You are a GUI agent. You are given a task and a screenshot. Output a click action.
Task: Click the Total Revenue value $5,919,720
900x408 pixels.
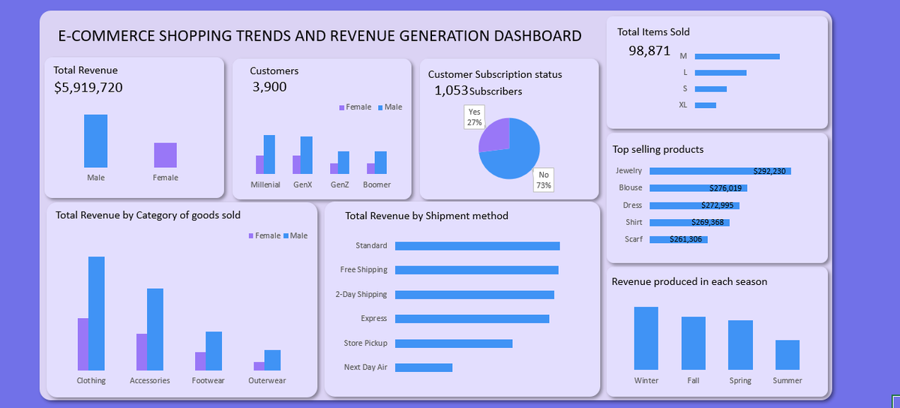coord(88,88)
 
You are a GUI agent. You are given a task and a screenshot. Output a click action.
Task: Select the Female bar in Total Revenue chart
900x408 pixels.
coord(165,155)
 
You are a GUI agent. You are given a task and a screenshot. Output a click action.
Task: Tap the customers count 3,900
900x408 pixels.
coord(269,87)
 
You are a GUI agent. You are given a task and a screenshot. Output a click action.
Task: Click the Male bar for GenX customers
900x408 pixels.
coord(306,155)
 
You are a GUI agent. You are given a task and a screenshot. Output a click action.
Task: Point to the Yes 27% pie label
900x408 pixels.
coord(474,117)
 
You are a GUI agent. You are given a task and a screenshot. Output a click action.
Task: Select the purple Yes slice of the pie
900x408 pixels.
coord(494,135)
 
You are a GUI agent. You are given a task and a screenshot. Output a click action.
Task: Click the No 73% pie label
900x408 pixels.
coord(544,180)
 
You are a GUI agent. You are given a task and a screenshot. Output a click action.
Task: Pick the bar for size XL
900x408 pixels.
coord(705,105)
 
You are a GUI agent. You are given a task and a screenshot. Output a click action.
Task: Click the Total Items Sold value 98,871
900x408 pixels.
coord(649,51)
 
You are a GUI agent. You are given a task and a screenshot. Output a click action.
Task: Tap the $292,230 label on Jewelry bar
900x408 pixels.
coord(769,171)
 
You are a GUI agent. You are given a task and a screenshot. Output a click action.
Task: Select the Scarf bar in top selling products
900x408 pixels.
coord(678,239)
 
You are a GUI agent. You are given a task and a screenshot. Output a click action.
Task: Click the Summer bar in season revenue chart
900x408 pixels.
coord(787,355)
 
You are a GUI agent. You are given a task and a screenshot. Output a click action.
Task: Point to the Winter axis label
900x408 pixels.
coord(646,380)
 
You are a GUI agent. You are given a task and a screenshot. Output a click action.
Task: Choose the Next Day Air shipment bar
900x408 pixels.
coord(423,367)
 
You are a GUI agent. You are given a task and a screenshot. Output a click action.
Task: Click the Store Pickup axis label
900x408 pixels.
coord(365,343)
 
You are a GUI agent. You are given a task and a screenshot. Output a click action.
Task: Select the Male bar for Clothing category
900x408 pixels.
coord(96,313)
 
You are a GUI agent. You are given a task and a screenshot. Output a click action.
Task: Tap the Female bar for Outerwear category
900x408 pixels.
coord(259,366)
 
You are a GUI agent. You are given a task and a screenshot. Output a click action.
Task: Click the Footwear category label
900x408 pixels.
coord(208,380)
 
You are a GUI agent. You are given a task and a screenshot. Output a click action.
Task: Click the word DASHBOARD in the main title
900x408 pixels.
coord(529,36)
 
